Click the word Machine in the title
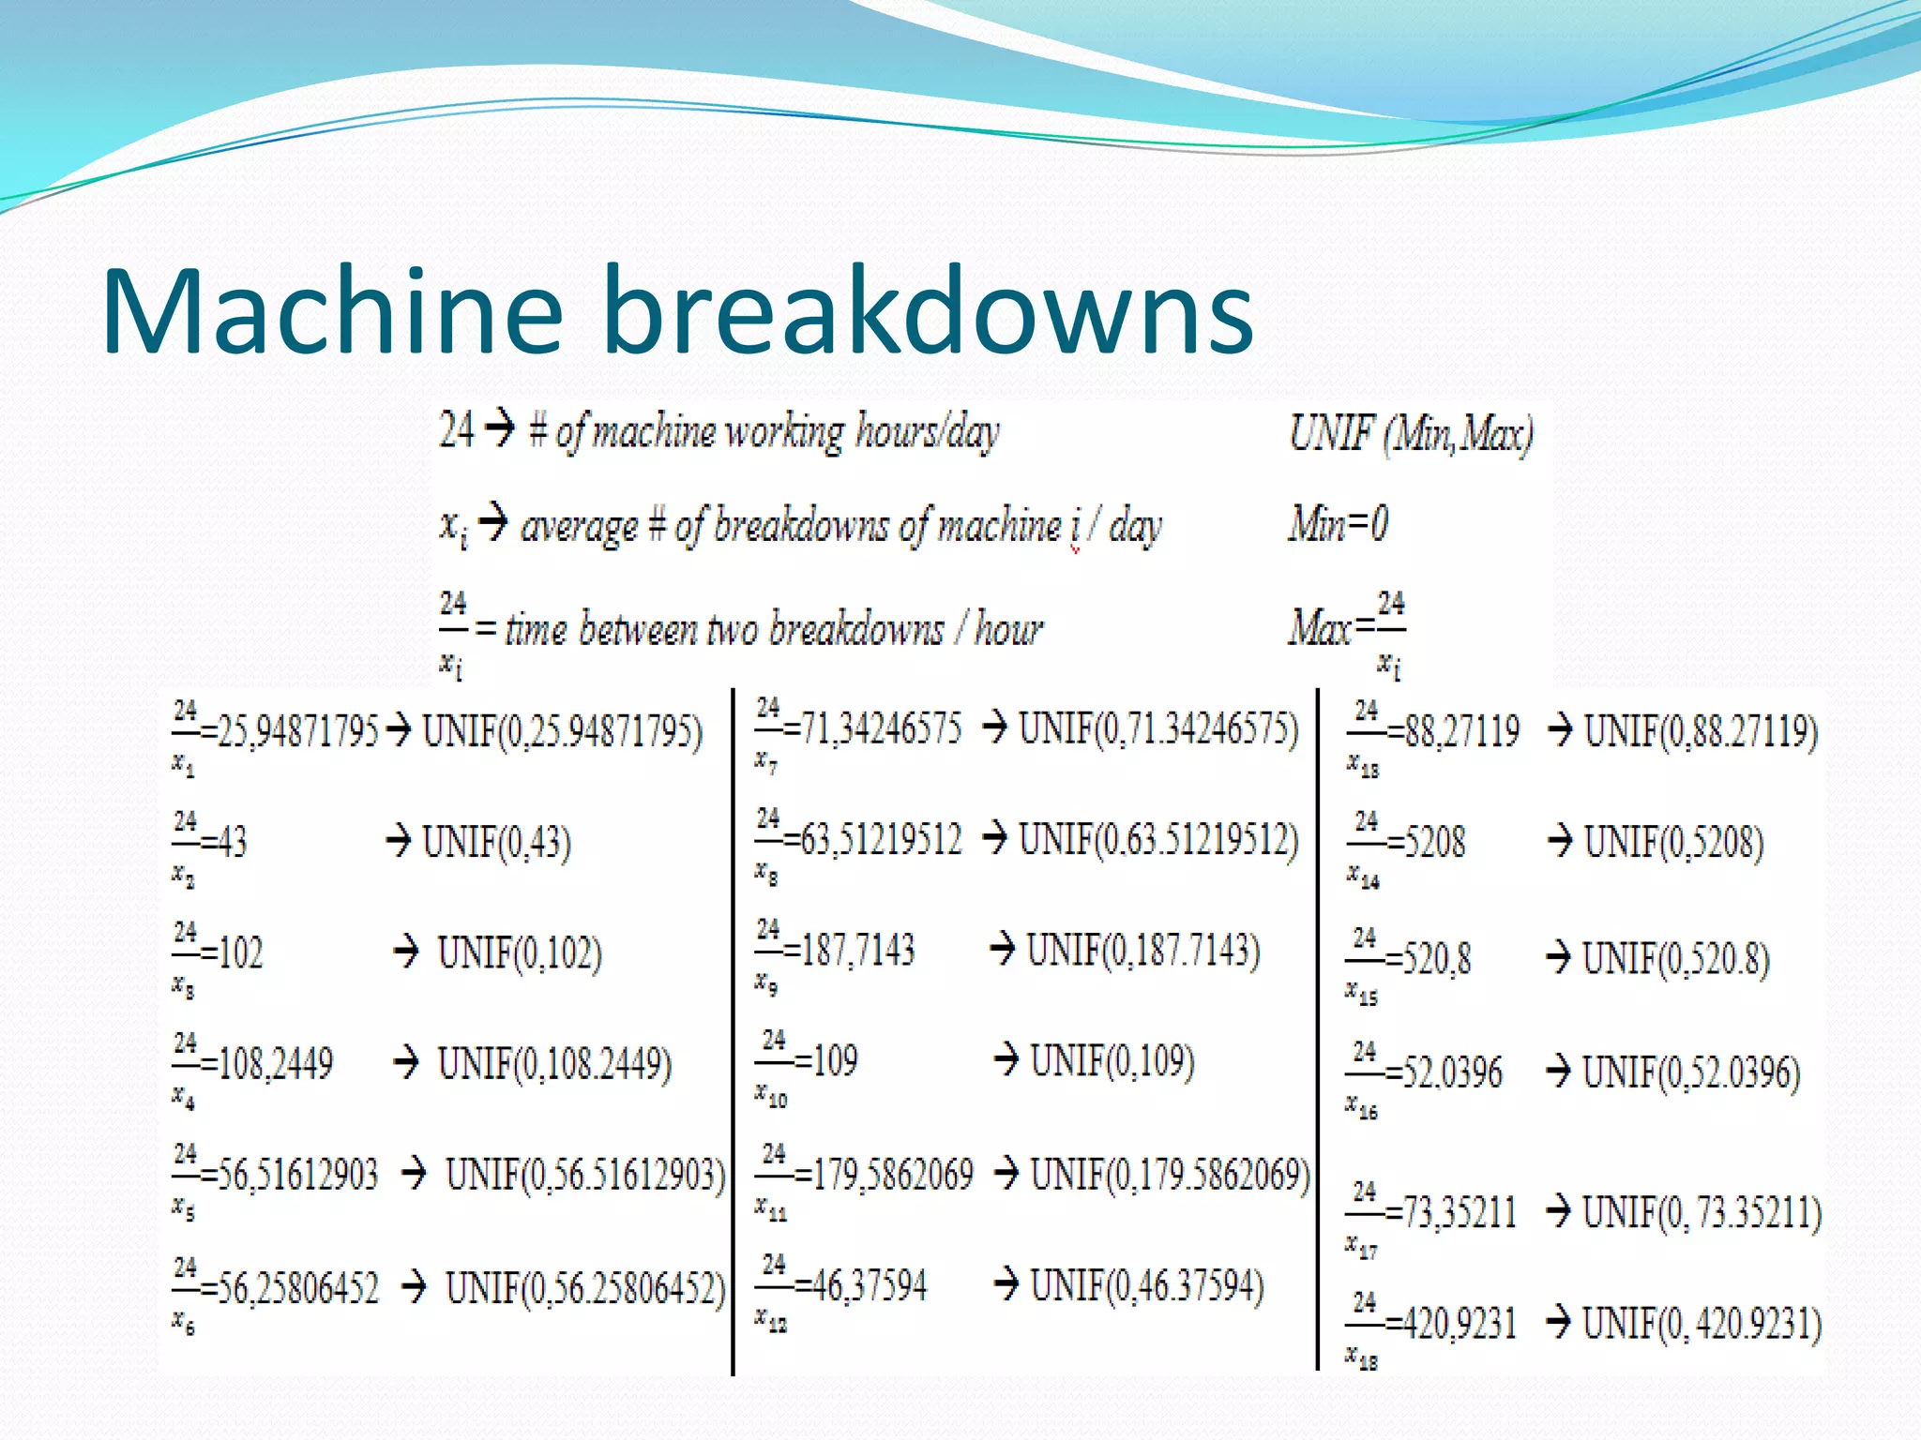pos(333,311)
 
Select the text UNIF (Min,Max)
pos(1411,434)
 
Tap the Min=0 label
pos(1338,523)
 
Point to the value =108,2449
pos(266,1064)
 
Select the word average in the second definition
pos(579,527)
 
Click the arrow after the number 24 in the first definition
pos(501,429)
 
